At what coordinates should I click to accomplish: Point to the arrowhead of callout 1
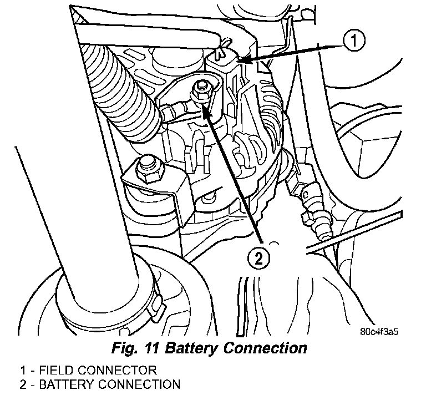pyautogui.click(x=240, y=58)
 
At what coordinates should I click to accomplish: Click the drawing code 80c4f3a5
pyautogui.click(x=379, y=333)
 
